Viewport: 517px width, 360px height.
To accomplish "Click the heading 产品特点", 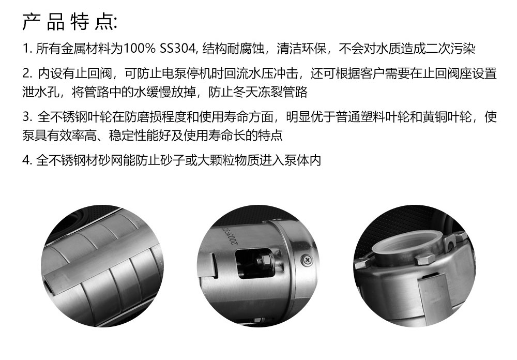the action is pos(69,22).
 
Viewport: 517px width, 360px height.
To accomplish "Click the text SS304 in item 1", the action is pos(178,49).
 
